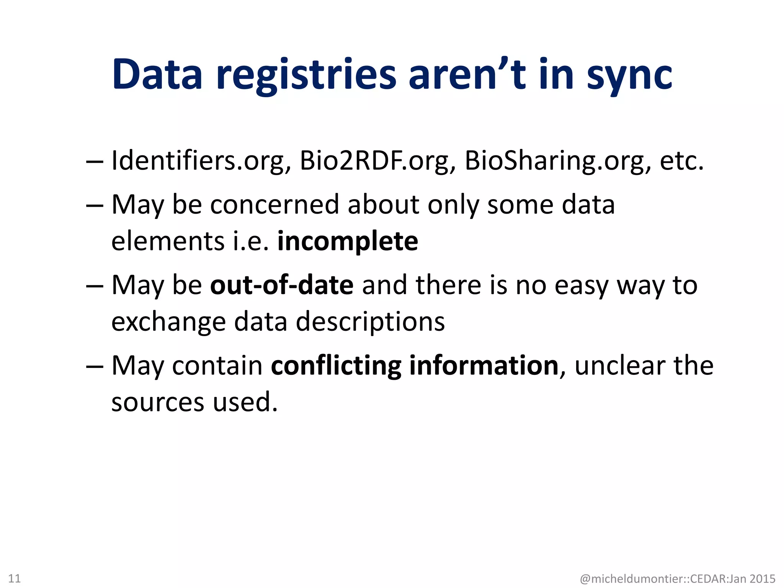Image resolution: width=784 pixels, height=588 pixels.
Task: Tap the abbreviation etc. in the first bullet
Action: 682,160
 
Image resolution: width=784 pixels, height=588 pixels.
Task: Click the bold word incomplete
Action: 348,241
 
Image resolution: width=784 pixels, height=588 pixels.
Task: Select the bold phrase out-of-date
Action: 282,285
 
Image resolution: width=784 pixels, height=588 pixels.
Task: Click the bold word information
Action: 484,366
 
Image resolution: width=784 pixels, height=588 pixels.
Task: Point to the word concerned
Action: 274,204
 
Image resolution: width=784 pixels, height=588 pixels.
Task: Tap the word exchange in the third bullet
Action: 168,322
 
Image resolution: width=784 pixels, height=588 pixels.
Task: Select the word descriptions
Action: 370,322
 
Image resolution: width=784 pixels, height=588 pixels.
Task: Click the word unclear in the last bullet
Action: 620,366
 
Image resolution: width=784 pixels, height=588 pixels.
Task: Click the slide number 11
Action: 14,578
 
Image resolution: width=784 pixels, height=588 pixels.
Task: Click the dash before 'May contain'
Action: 95,366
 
